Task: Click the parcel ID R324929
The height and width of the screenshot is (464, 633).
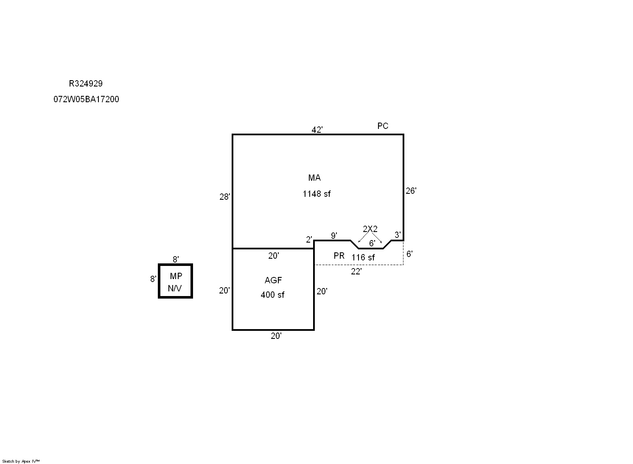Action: (x=86, y=84)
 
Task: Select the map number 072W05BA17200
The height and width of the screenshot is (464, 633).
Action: (x=86, y=99)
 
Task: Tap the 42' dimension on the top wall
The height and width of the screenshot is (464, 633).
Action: (x=317, y=130)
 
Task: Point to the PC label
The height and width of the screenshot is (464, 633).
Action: (x=383, y=126)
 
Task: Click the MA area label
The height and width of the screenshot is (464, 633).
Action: (x=314, y=178)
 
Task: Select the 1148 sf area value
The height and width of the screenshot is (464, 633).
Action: (x=316, y=194)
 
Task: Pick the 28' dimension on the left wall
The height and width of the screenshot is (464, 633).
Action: (x=225, y=197)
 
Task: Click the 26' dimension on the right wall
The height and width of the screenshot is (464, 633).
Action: (x=411, y=191)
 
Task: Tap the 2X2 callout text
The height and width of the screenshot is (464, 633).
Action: (x=370, y=229)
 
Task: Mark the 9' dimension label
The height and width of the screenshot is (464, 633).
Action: (x=334, y=235)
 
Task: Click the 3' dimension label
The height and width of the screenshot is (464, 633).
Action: (x=398, y=235)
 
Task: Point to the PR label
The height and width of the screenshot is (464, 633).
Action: (x=339, y=256)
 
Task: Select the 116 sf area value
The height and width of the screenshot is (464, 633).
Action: (x=363, y=257)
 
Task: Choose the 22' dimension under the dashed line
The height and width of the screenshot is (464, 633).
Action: (x=356, y=272)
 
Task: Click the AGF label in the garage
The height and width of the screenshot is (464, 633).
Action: (x=273, y=280)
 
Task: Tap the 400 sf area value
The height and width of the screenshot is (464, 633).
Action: (x=272, y=295)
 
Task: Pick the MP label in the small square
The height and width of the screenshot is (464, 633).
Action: (x=176, y=276)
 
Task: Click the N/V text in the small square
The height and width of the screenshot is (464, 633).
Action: (x=175, y=288)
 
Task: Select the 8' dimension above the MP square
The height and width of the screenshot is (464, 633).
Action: (x=176, y=259)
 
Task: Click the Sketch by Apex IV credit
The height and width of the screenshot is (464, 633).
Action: (x=21, y=461)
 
